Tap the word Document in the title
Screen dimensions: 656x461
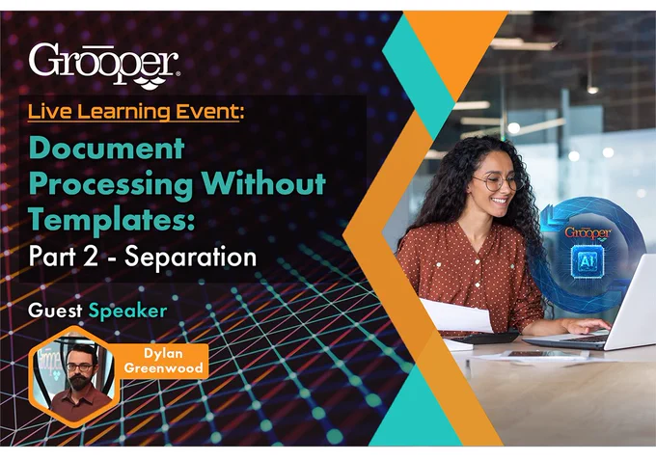106,149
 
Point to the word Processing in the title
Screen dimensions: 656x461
111,184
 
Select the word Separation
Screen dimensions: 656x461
191,257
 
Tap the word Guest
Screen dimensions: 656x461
55,311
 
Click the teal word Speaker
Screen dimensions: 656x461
128,312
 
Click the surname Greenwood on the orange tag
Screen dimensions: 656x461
164,368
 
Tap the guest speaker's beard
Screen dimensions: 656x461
79,383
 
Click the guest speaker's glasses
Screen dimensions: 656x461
79,367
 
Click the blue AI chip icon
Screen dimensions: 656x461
587,261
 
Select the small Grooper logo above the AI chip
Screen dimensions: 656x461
588,232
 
